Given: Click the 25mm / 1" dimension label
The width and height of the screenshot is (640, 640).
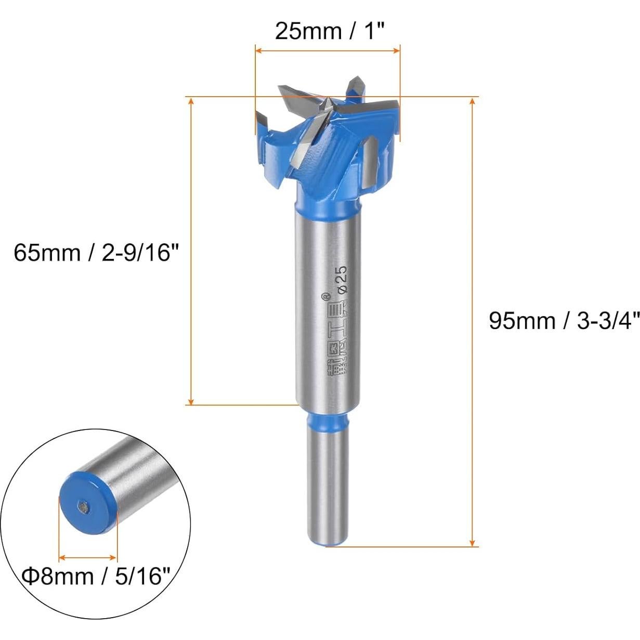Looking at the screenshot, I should (329, 31).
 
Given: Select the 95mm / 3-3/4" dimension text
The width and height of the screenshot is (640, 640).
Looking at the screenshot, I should (564, 321).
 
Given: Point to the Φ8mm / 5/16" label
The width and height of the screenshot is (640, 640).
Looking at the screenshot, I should (97, 576).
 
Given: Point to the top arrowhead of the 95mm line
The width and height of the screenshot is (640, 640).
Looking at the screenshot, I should (472, 101).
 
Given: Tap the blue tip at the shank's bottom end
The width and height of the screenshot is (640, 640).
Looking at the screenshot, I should (328, 543).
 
